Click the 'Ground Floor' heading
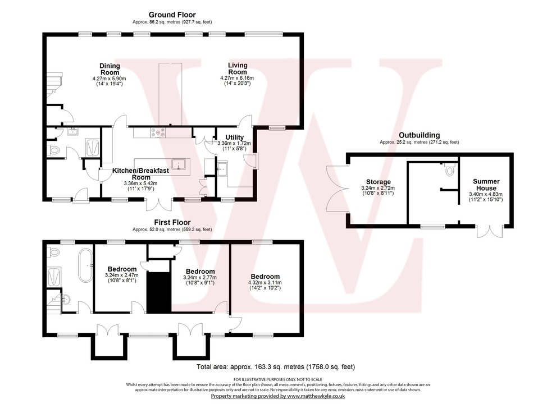coord(172,15)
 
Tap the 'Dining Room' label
coord(110,69)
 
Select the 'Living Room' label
coord(238,68)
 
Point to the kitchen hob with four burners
coord(158,133)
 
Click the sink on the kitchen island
coord(180,164)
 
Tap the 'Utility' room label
coord(234,137)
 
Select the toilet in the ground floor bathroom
coord(54,150)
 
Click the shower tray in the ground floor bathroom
coord(92,147)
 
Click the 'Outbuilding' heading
coord(419,135)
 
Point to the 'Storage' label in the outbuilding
coord(378,182)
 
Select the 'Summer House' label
coord(486,185)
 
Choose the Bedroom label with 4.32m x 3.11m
coord(265,277)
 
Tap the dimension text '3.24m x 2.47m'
coord(121,276)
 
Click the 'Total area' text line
coord(276,367)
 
